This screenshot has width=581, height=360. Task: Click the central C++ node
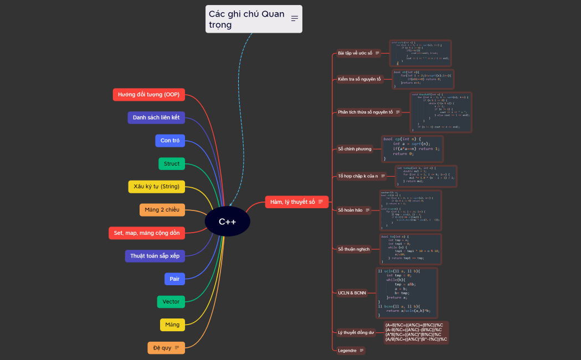pos(227,222)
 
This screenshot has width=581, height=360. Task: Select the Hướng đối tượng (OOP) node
pos(148,95)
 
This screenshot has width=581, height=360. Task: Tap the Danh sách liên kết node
pos(156,117)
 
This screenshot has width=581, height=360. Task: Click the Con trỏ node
pos(169,141)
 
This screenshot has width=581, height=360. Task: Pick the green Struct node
pos(171,164)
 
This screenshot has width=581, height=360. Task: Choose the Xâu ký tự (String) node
pos(156,187)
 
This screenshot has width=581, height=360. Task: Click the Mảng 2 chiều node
pos(162,210)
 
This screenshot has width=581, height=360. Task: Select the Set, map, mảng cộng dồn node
pos(146,233)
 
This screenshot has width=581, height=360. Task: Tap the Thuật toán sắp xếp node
pos(155,256)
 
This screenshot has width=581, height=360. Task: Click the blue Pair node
pos(174,279)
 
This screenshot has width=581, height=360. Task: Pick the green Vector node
pos(171,302)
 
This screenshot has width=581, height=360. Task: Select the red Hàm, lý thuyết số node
pos(297,202)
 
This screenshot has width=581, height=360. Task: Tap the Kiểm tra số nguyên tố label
pos(359,79)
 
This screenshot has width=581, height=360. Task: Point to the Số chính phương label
pos(354,149)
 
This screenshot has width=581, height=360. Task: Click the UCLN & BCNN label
pos(352,292)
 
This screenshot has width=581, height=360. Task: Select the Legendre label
pos(347,351)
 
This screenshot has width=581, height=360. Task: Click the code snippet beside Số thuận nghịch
pos(410,249)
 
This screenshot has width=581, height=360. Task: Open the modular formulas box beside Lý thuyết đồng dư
pos(416,332)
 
